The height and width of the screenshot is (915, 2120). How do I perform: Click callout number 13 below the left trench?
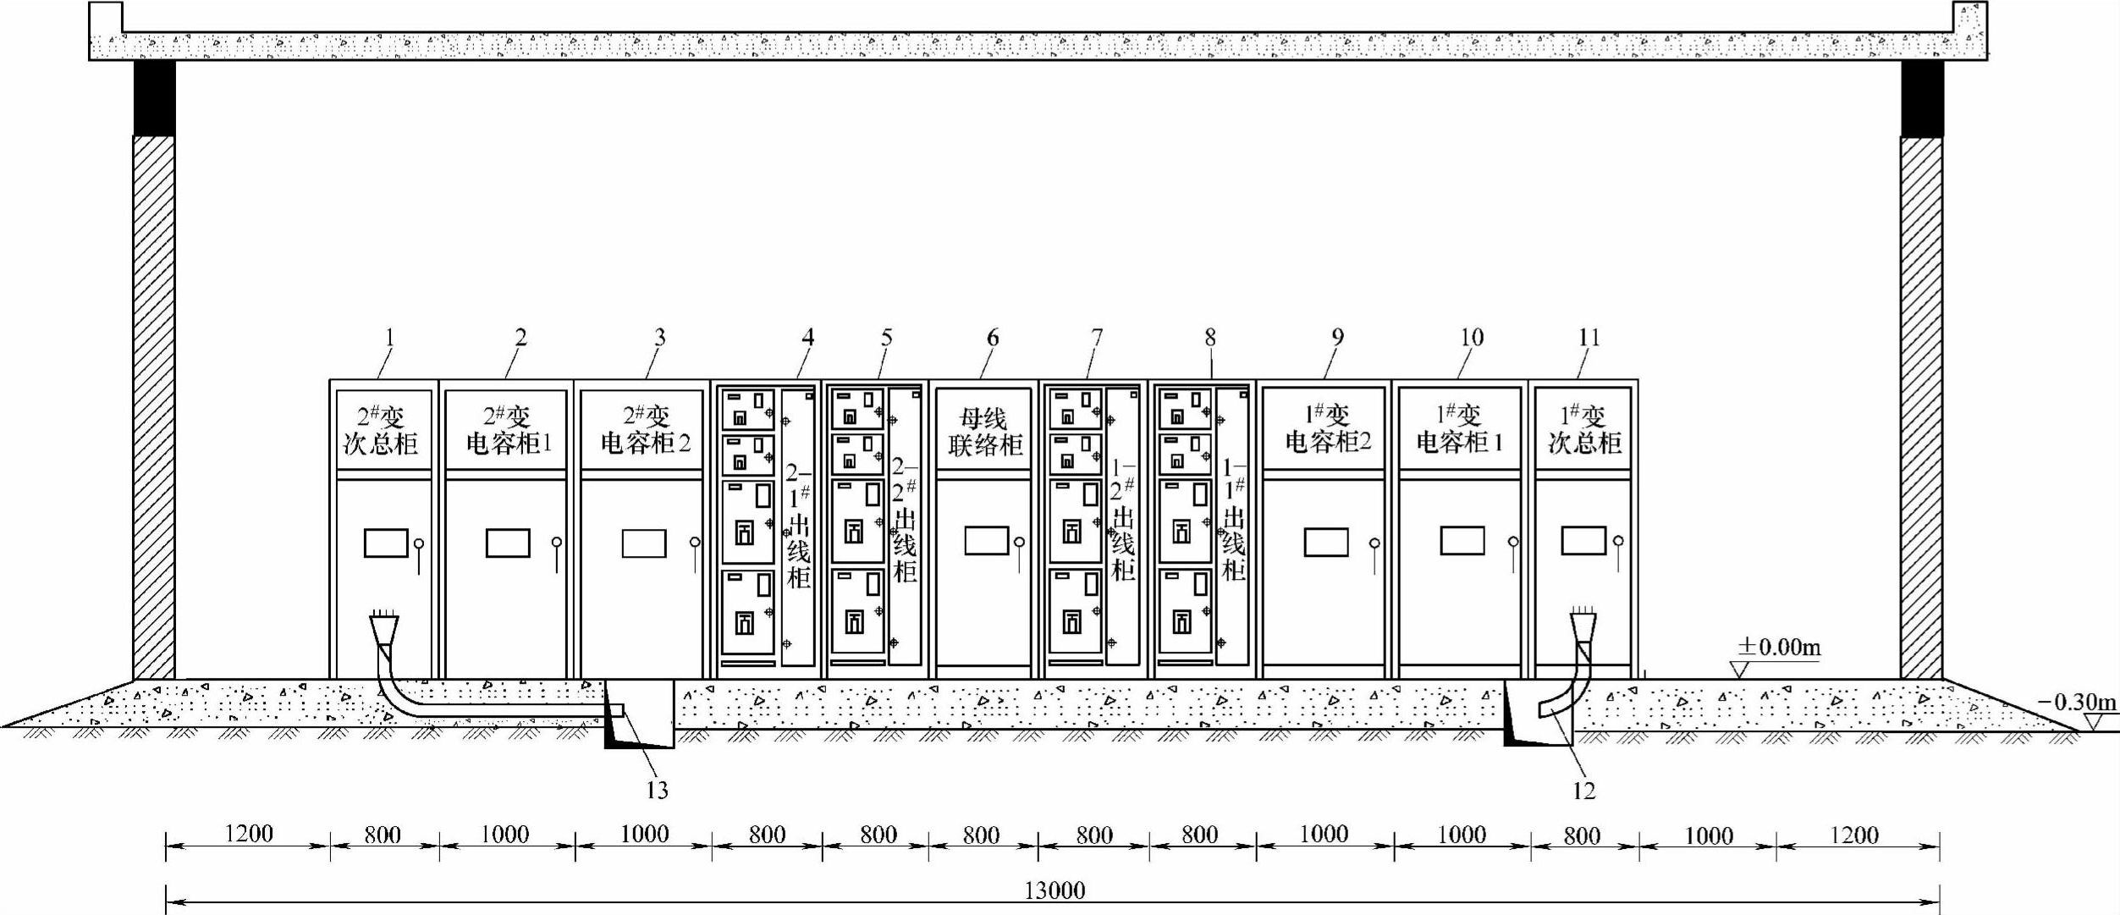(658, 791)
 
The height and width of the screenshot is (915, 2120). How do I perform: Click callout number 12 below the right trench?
(1583, 791)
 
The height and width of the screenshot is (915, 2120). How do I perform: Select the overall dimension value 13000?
(1054, 890)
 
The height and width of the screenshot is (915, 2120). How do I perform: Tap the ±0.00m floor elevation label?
(1778, 648)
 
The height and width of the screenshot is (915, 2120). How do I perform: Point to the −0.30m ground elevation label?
(2076, 703)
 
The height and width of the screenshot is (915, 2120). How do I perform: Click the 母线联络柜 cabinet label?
(984, 432)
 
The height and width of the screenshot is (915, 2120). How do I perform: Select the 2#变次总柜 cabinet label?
(380, 430)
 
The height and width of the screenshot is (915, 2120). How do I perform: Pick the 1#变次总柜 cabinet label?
(1583, 429)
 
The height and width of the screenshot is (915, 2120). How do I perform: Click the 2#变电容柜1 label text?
(508, 430)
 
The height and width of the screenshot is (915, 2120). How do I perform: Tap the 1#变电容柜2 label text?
(1327, 428)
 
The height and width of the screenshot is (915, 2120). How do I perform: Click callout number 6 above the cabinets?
(992, 338)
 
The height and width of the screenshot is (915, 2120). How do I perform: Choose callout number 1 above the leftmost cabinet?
(389, 338)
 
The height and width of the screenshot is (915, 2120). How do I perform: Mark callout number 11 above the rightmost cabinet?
(1589, 338)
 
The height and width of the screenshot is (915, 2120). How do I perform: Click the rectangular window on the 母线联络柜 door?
(986, 541)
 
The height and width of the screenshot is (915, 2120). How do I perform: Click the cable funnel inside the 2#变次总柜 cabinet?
(384, 629)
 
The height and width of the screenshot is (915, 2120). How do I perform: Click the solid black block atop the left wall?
(154, 98)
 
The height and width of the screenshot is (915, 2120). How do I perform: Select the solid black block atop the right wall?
(1922, 98)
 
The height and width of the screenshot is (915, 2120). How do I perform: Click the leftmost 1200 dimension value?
(249, 834)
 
